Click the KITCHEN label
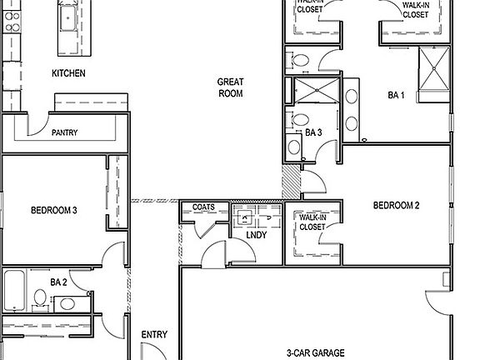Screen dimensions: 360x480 [68, 73]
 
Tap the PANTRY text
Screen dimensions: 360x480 [65, 132]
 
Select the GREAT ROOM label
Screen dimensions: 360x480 [230, 87]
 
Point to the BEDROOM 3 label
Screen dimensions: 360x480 [54, 210]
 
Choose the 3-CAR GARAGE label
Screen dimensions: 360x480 [317, 352]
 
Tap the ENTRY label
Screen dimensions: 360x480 [154, 335]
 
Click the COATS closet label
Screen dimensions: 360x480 [203, 207]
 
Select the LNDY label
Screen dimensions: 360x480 [257, 236]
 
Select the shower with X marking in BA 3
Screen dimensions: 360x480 [314, 91]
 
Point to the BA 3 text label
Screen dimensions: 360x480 [313, 132]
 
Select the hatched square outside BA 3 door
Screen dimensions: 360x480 [291, 176]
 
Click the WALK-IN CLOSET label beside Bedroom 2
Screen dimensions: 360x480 [312, 222]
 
